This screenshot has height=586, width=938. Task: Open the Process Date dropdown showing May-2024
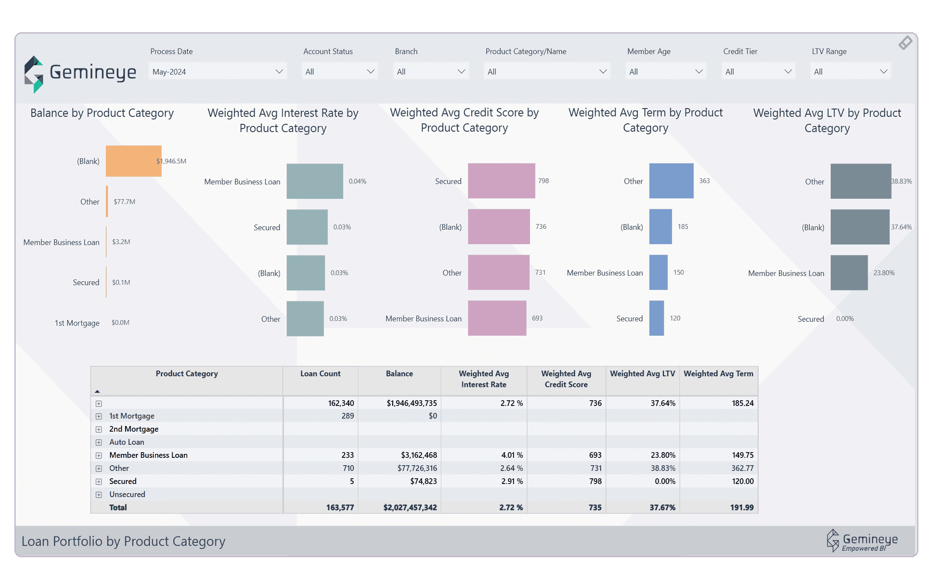pyautogui.click(x=217, y=72)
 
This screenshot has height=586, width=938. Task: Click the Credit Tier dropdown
pyautogui.click(x=758, y=72)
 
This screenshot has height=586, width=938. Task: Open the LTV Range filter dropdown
pyautogui.click(x=850, y=72)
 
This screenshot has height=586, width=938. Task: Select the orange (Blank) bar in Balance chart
pyautogui.click(x=133, y=161)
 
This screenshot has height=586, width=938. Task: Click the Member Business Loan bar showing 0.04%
pyautogui.click(x=315, y=181)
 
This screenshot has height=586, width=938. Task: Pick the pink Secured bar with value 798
pyautogui.click(x=501, y=181)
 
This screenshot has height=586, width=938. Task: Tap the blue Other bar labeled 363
pyautogui.click(x=671, y=181)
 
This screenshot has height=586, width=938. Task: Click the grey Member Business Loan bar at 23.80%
pyautogui.click(x=849, y=273)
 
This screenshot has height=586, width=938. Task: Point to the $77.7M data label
pyautogui.click(x=124, y=202)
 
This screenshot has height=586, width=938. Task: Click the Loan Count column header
pyautogui.click(x=320, y=374)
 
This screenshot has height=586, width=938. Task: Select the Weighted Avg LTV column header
pyautogui.click(x=642, y=374)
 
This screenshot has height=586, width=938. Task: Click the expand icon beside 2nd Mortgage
pyautogui.click(x=99, y=429)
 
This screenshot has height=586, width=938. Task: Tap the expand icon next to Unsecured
pyautogui.click(x=99, y=495)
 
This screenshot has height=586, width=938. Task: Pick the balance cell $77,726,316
pyautogui.click(x=417, y=468)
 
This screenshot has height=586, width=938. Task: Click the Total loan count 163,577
pyautogui.click(x=340, y=508)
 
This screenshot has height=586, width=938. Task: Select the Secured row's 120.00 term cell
pyautogui.click(x=742, y=481)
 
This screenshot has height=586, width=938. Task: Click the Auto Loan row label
pyautogui.click(x=126, y=442)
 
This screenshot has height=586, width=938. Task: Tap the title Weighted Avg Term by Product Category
pyautogui.click(x=645, y=120)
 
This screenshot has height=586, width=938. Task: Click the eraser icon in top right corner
pyautogui.click(x=905, y=43)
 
